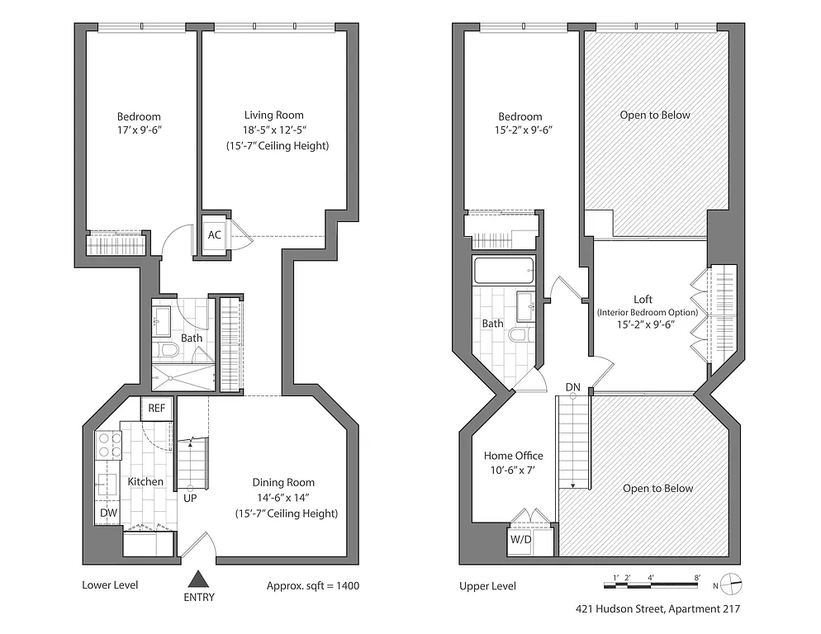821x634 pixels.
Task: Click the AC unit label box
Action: tap(215, 235)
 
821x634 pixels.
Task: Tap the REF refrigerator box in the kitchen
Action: tap(157, 408)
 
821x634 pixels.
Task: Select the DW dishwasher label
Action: tap(108, 513)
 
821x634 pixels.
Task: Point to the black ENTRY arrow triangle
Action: tap(198, 580)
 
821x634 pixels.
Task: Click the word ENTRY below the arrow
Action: tap(198, 598)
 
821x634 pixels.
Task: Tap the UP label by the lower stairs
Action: tap(190, 498)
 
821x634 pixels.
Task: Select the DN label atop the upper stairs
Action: tap(573, 387)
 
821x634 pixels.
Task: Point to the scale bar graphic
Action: tap(653, 585)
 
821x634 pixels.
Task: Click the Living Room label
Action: tap(273, 116)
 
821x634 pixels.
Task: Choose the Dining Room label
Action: tap(283, 483)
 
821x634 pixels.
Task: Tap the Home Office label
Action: tap(513, 456)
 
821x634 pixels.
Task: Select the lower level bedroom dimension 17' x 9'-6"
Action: tap(139, 130)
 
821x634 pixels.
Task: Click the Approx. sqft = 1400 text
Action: tap(312, 586)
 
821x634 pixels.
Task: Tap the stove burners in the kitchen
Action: tap(111, 446)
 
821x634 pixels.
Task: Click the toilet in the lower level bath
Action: tap(168, 350)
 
